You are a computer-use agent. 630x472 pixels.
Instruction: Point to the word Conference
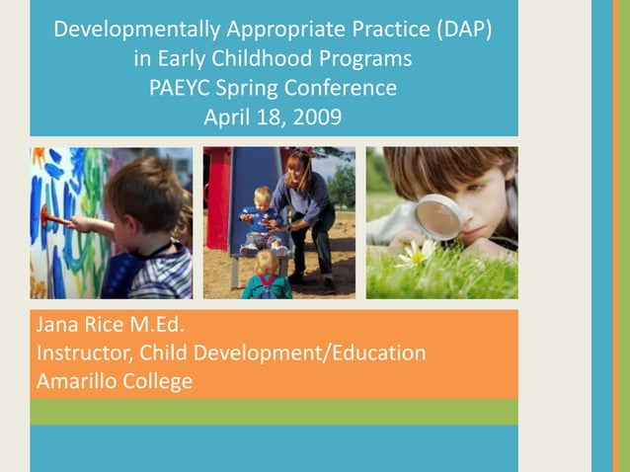click(344, 88)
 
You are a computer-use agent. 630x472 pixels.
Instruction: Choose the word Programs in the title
click(361, 58)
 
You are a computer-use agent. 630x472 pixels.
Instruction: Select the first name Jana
click(56, 325)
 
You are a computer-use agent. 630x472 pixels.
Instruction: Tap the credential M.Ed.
click(153, 325)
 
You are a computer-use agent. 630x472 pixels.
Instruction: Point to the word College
click(157, 381)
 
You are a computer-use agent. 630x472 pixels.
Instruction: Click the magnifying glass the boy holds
click(437, 215)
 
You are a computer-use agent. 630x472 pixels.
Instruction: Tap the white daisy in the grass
click(417, 254)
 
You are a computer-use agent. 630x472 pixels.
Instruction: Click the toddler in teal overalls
click(267, 276)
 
